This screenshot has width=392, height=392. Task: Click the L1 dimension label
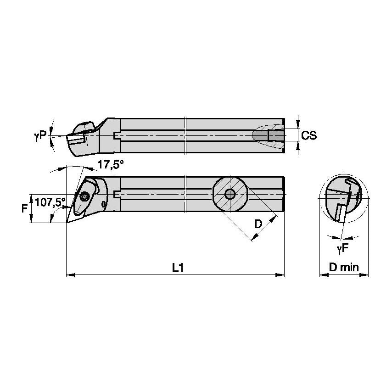178,268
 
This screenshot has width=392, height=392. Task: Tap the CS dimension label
309,135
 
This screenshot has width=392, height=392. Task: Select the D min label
344,267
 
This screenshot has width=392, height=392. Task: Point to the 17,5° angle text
111,164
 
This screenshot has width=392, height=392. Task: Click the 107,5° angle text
50,202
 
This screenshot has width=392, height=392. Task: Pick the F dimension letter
24,208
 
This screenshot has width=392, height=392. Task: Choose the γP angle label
40,136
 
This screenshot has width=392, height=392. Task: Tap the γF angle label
342,249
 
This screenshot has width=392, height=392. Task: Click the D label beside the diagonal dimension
258,224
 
